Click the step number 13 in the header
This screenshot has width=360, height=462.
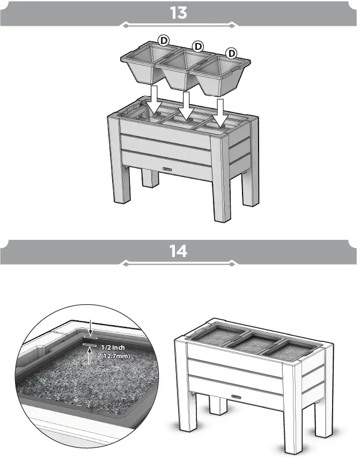coord(178,13)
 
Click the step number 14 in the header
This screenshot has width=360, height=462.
coord(178,251)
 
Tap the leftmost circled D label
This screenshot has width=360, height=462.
coord(165,41)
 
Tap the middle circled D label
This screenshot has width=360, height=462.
coord(198,46)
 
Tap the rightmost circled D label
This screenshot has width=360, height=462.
coord(232,53)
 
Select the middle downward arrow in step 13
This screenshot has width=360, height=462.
coord(186,105)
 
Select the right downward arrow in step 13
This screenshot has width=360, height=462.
coord(220,113)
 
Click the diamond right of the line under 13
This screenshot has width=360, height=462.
coord(232,25)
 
